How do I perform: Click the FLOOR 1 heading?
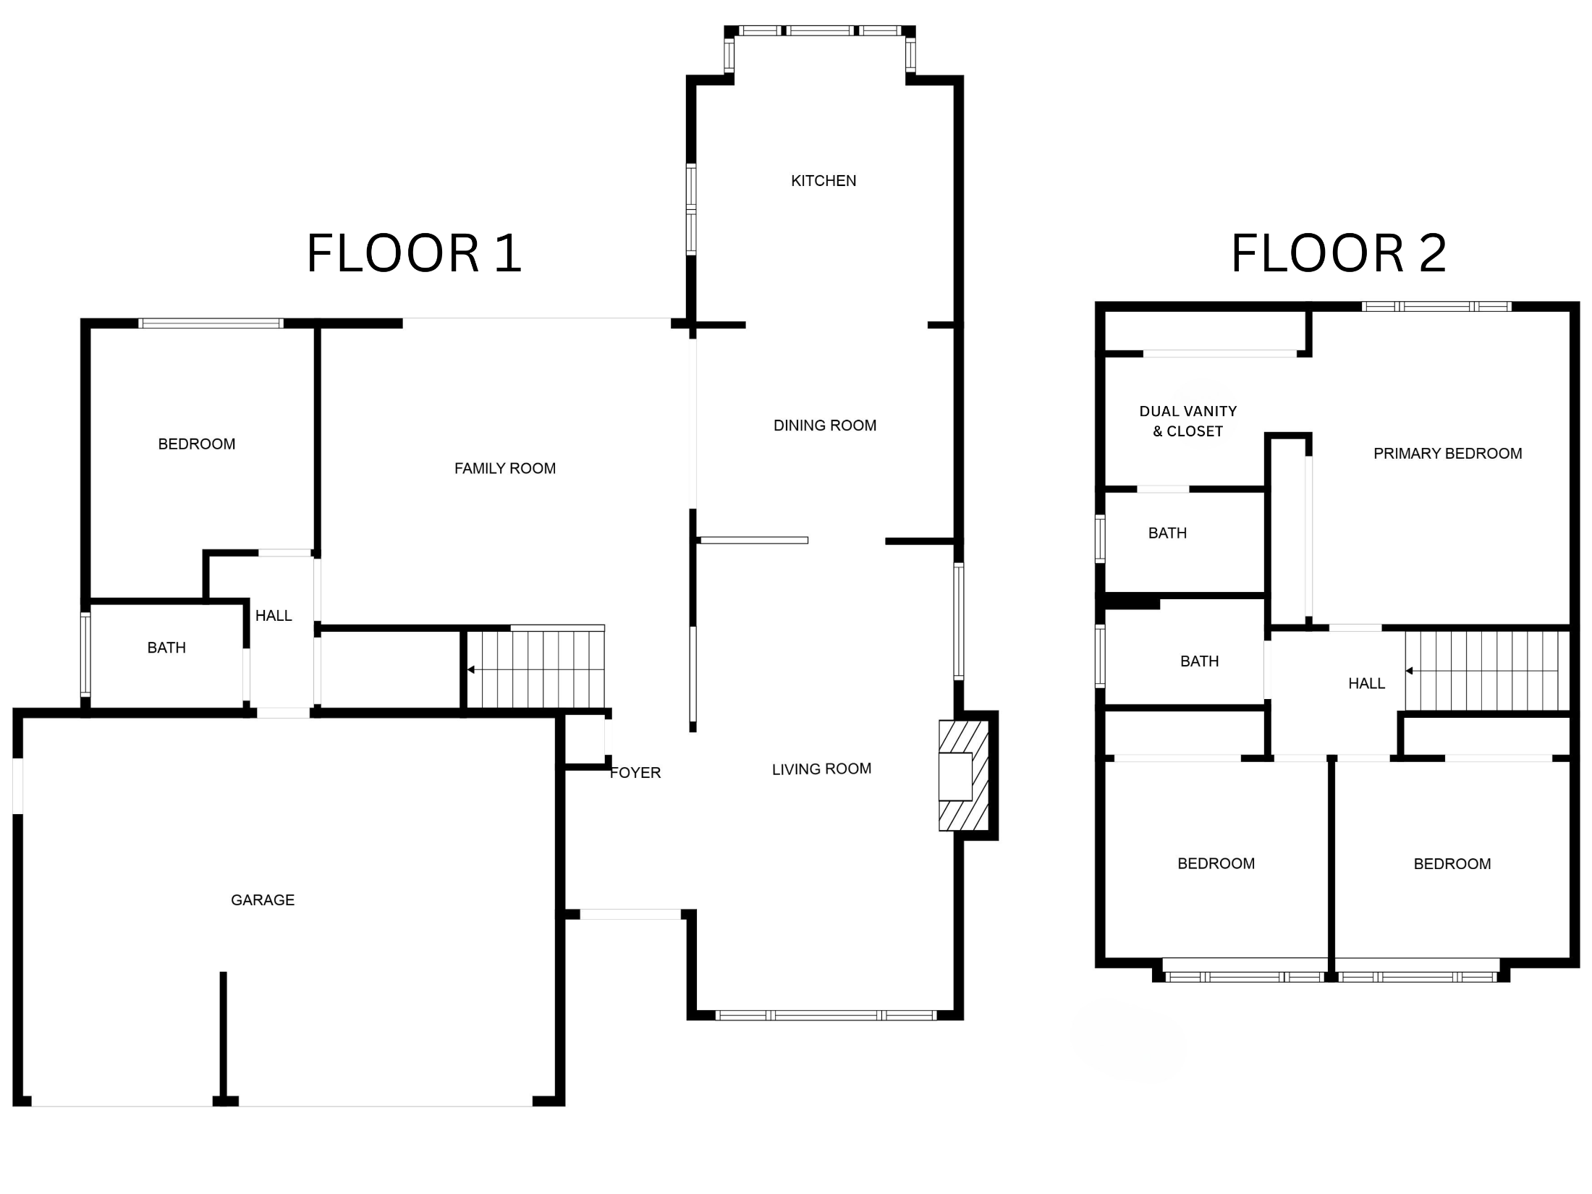click(x=414, y=253)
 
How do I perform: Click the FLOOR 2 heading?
click(x=1339, y=253)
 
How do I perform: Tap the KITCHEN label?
click(x=823, y=181)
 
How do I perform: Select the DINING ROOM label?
click(x=825, y=425)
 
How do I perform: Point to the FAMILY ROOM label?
click(x=505, y=469)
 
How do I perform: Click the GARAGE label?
click(x=263, y=900)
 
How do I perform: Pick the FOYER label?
click(x=635, y=773)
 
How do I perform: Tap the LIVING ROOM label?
click(x=821, y=769)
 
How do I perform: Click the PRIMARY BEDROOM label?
click(x=1448, y=454)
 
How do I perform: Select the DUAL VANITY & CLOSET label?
click(x=1188, y=421)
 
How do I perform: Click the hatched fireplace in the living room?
click(x=964, y=775)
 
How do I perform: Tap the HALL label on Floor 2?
click(x=1366, y=684)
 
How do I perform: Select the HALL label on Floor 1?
click(x=274, y=616)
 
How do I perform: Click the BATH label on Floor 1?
click(x=166, y=648)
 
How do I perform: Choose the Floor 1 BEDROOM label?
click(x=197, y=444)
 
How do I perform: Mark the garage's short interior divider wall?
click(x=224, y=1038)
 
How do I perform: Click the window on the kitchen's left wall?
click(x=691, y=210)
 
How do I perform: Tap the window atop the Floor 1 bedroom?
click(x=211, y=323)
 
